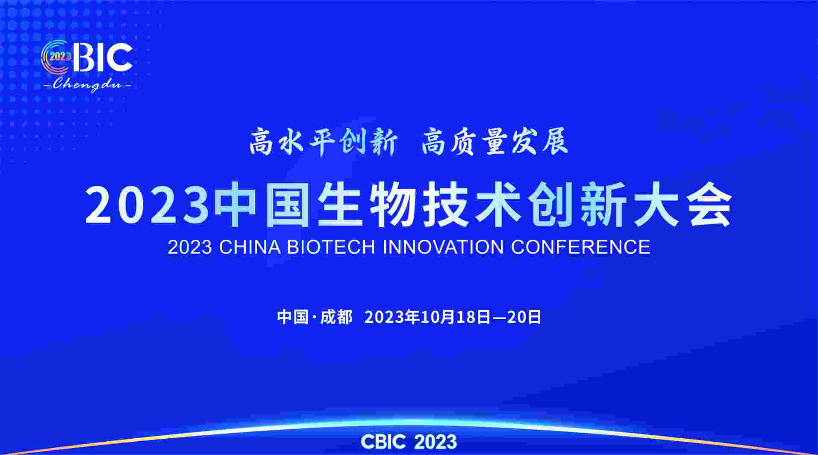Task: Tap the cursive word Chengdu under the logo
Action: [87, 85]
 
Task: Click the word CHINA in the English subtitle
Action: [250, 247]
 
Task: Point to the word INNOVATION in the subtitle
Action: [443, 247]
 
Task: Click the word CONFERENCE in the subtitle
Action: [581, 247]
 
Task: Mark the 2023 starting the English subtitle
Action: [190, 247]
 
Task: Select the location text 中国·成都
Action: [315, 317]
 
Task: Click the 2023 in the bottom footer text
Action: [435, 441]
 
